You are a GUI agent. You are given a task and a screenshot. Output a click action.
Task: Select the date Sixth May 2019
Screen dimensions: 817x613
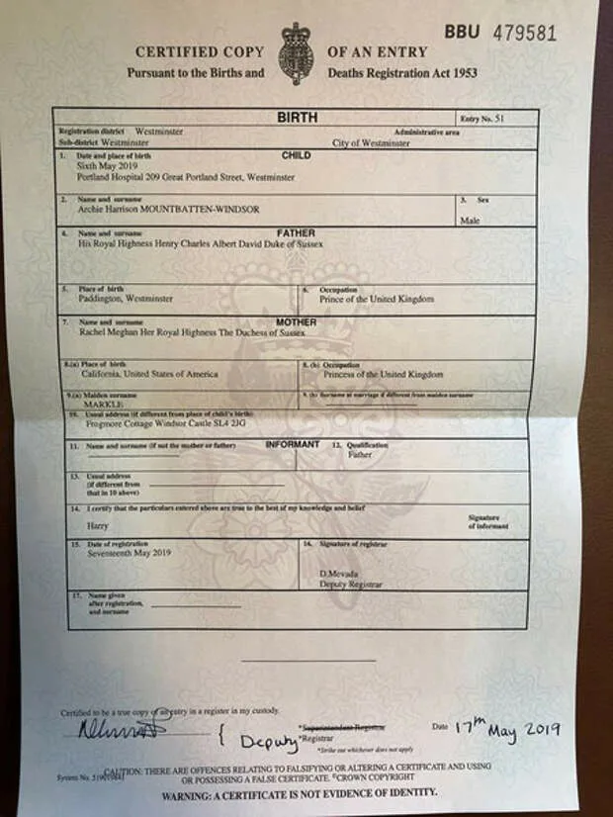(x=102, y=167)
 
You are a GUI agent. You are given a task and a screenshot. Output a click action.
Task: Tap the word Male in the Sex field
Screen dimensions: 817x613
(x=470, y=221)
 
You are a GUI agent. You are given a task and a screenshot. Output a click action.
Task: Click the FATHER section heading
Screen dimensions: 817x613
(x=297, y=233)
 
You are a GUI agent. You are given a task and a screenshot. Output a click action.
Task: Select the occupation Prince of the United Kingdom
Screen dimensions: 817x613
(x=376, y=299)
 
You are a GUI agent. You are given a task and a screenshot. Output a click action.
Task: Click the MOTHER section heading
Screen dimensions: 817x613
(x=297, y=322)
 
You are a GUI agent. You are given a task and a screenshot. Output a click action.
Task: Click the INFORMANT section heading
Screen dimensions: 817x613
(x=292, y=445)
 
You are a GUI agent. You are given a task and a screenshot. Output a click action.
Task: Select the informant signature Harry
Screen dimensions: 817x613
(x=98, y=525)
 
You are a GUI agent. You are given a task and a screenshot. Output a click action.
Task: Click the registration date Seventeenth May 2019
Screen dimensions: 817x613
(x=116, y=553)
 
